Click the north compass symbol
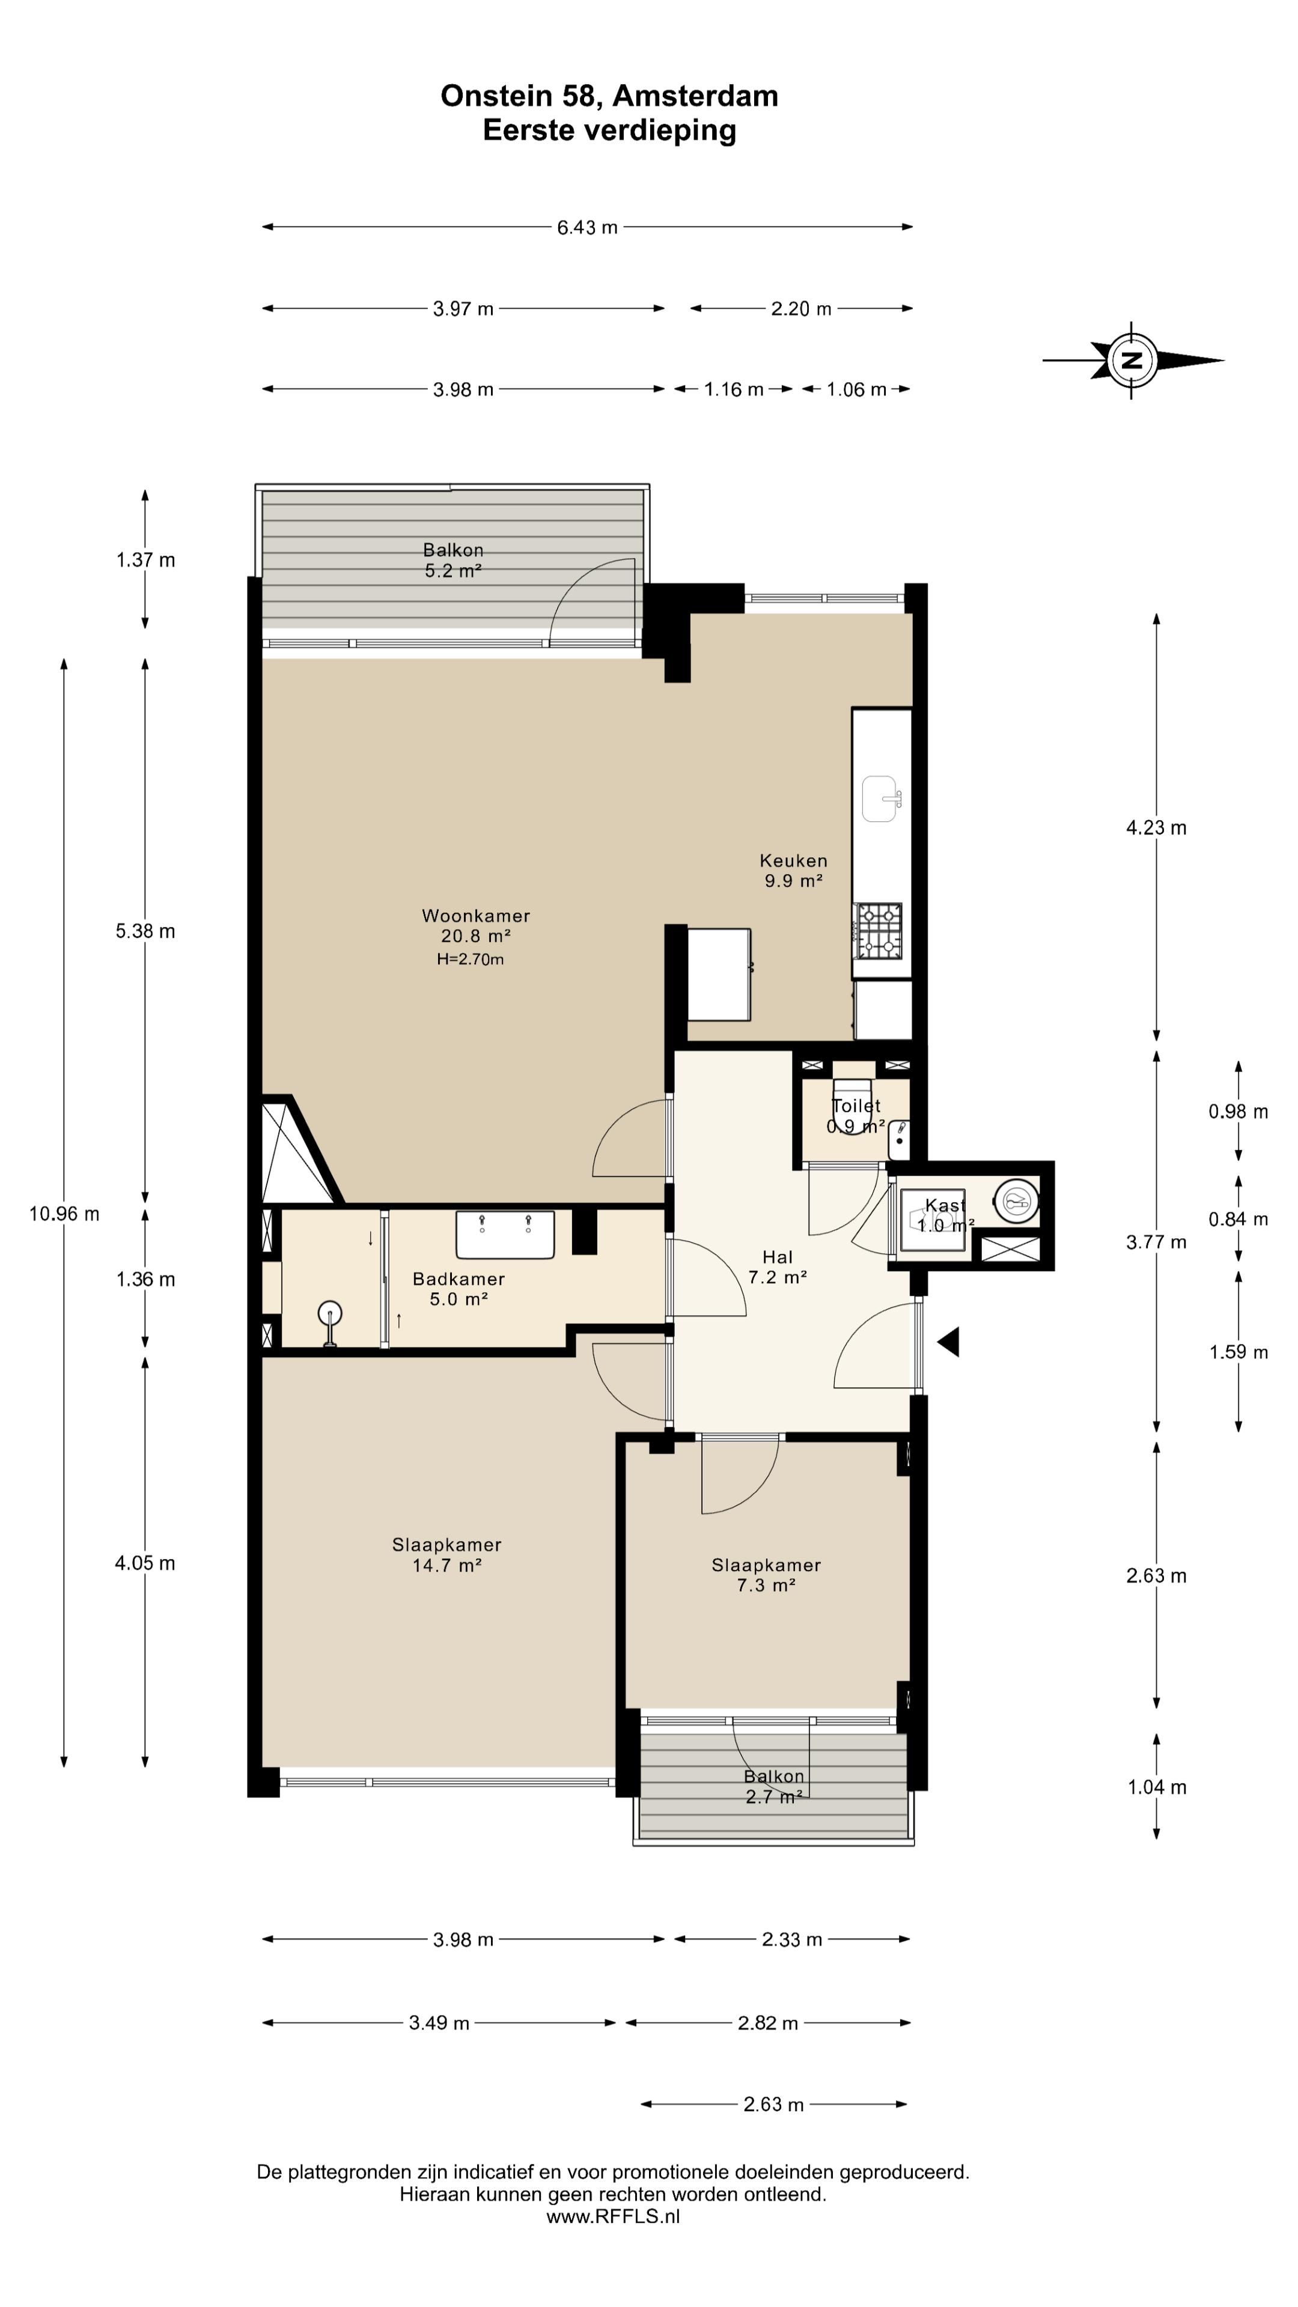point(1132,360)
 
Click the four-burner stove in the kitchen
point(879,931)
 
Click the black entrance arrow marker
point(949,1342)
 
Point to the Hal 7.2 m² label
point(778,1267)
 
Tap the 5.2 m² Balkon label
point(453,560)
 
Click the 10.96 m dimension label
point(64,1214)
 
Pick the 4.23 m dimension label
point(1156,827)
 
